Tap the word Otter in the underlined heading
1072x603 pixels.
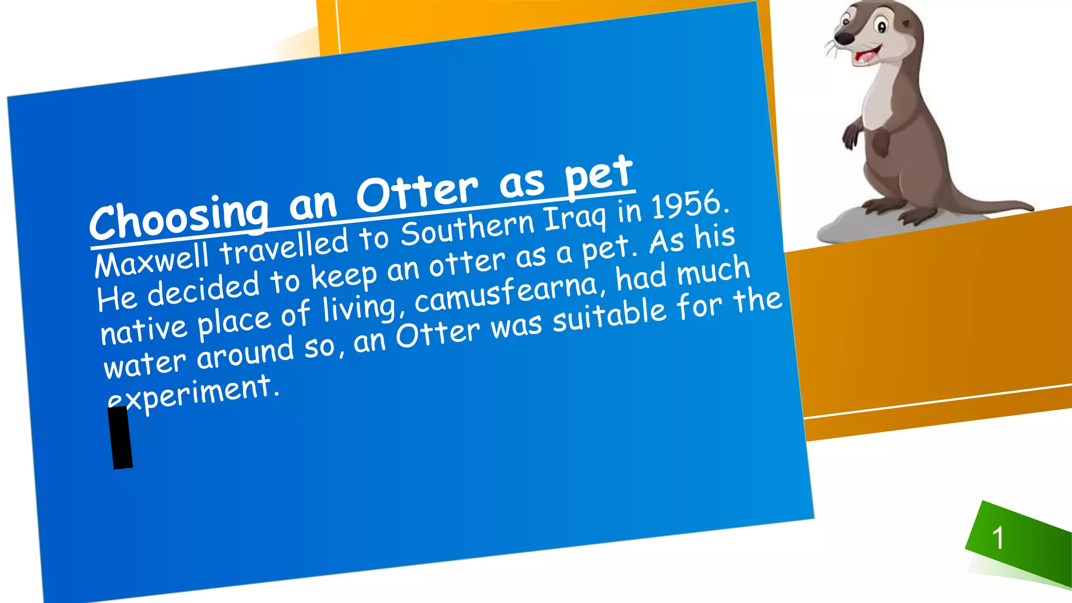pyautogui.click(x=417, y=192)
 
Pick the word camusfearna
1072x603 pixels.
pyautogui.click(x=507, y=292)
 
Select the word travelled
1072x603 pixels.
pyautogui.click(x=284, y=247)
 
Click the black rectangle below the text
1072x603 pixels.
pyautogui.click(x=121, y=438)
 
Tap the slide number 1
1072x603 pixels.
pyautogui.click(x=998, y=538)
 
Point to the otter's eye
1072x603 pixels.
pyautogui.click(x=881, y=26)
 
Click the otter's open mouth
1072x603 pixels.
pyautogui.click(x=867, y=54)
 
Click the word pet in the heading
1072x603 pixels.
pyautogui.click(x=599, y=174)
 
